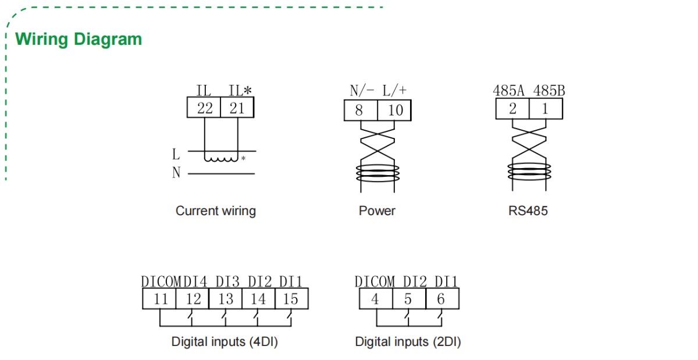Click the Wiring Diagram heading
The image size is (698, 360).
(79, 40)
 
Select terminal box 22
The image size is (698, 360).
(204, 108)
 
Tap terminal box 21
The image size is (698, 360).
(237, 108)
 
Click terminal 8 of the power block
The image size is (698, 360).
(360, 111)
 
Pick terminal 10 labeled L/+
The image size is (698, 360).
(394, 111)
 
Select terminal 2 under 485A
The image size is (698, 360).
(512, 109)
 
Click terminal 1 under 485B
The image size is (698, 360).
(546, 109)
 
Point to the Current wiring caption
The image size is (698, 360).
(215, 211)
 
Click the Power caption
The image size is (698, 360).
(377, 211)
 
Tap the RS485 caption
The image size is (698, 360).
(528, 211)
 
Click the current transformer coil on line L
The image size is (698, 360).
(222, 158)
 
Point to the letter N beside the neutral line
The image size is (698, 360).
(176, 173)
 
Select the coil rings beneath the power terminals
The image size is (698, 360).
(378, 172)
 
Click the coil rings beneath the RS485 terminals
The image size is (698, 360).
(528, 171)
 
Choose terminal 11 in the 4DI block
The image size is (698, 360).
(159, 299)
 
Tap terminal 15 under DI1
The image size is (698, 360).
(291, 299)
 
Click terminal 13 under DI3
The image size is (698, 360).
(225, 299)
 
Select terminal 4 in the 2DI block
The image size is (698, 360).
(375, 299)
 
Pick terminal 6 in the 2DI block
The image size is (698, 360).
(441, 299)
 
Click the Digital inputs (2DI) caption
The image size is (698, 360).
(408, 342)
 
